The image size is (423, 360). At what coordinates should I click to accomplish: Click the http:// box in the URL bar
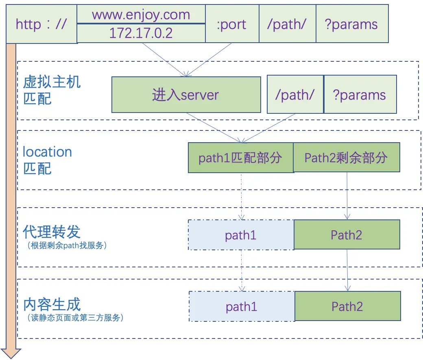41,24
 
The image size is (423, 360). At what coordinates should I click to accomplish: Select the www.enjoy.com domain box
141,15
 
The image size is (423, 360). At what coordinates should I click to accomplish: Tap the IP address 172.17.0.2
141,33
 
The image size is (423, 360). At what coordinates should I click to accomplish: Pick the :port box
232,24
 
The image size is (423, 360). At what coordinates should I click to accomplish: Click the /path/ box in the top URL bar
287,24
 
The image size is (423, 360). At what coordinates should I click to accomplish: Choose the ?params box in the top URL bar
351,24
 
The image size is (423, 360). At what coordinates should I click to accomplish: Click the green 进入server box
186,95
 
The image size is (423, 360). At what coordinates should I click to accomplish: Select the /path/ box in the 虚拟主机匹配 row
295,95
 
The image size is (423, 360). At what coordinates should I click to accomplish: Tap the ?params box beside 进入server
360,95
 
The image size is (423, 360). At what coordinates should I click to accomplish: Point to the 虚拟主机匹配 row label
52,90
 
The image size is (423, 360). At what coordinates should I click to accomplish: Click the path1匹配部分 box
240,158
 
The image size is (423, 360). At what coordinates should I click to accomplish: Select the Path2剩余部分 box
346,158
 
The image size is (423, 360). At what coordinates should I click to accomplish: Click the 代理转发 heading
52,232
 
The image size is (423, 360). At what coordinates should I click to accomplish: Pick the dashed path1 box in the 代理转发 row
241,235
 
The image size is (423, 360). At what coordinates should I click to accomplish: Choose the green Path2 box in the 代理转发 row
347,235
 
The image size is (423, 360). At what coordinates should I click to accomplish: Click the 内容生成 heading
52,304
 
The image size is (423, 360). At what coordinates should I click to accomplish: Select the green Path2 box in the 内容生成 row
347,306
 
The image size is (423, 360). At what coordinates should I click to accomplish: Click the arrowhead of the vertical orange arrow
11,353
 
